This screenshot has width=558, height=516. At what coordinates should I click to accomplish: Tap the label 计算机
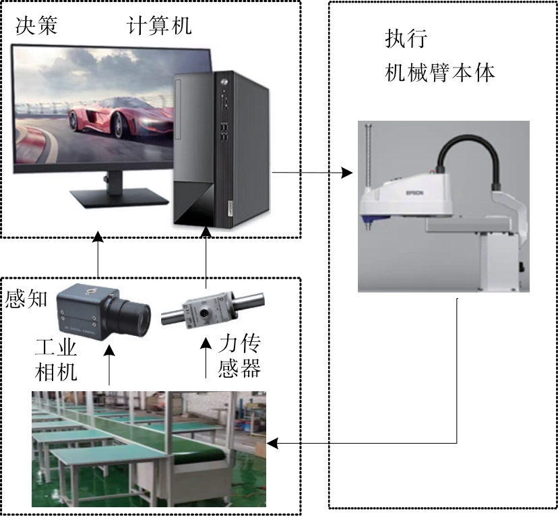(x=160, y=26)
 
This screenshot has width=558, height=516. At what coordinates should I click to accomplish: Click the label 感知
(x=26, y=297)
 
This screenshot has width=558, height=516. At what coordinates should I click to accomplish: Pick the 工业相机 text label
(x=57, y=360)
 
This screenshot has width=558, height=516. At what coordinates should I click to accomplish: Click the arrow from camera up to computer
(x=98, y=256)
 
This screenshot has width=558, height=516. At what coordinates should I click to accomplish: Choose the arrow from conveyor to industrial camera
(x=108, y=367)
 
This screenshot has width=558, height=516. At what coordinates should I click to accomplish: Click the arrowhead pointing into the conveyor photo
(x=273, y=443)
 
